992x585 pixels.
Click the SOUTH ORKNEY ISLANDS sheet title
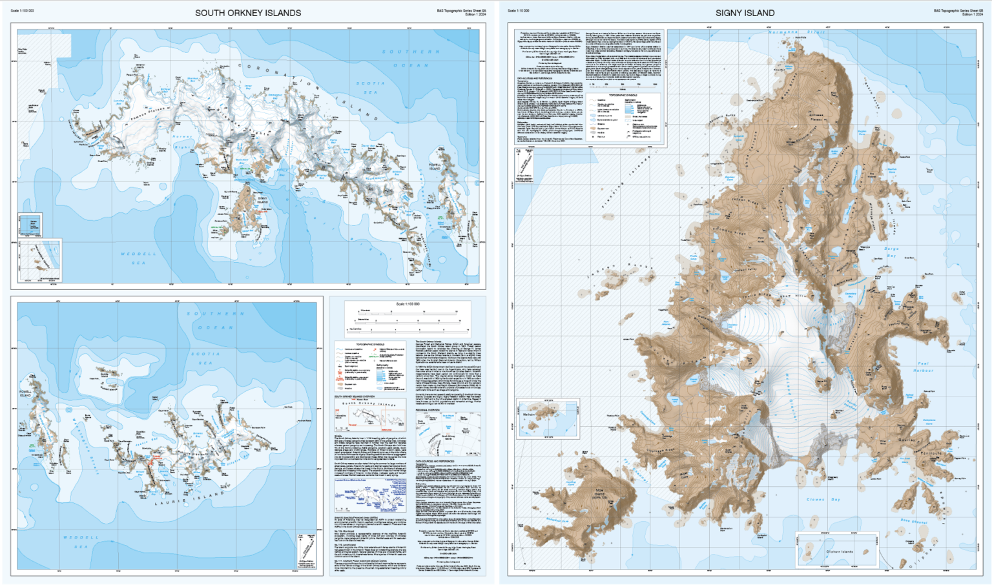(x=248, y=13)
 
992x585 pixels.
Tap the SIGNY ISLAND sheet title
(x=745, y=13)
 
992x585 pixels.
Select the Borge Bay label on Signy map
(x=891, y=252)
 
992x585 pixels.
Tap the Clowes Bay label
(x=823, y=499)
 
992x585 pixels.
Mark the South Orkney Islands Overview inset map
(x=370, y=414)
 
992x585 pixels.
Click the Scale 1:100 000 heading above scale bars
(x=408, y=303)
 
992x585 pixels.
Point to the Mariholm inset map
(x=548, y=418)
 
